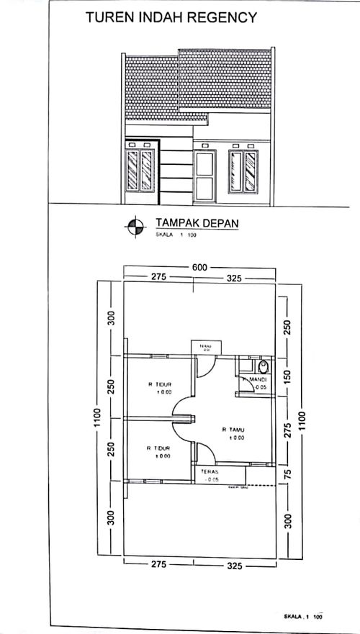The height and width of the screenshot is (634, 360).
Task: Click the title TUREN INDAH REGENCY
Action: (171, 18)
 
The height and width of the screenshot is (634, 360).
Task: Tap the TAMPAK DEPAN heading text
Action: (197, 223)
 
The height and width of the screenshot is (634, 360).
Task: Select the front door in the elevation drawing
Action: (205, 176)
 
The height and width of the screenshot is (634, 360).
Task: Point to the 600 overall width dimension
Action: (199, 268)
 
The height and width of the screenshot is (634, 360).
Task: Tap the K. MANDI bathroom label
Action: (256, 379)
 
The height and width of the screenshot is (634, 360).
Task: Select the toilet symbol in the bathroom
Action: (264, 366)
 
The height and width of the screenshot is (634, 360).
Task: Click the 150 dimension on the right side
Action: (287, 374)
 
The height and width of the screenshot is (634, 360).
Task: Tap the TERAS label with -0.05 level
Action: (211, 474)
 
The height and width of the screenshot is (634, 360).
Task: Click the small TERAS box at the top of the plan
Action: (204, 348)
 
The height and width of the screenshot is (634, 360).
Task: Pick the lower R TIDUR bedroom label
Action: (158, 451)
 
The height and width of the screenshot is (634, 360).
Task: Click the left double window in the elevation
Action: (139, 170)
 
